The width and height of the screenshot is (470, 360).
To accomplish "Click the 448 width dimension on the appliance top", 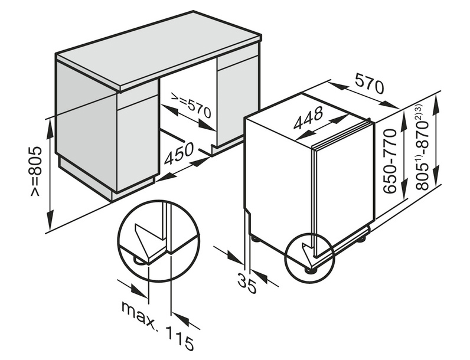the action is click(308, 117).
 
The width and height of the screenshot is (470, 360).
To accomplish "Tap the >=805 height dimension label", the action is click(35, 171).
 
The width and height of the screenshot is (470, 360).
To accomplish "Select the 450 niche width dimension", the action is click(179, 153).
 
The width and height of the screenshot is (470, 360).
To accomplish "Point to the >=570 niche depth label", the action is click(191, 105).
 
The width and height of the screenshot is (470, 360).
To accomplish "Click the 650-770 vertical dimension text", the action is click(390, 161).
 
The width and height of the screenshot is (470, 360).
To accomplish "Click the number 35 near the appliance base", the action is click(247, 283).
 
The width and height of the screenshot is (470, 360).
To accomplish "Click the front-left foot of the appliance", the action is click(311, 270).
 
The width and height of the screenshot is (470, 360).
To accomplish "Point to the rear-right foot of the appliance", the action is click(362, 238).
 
